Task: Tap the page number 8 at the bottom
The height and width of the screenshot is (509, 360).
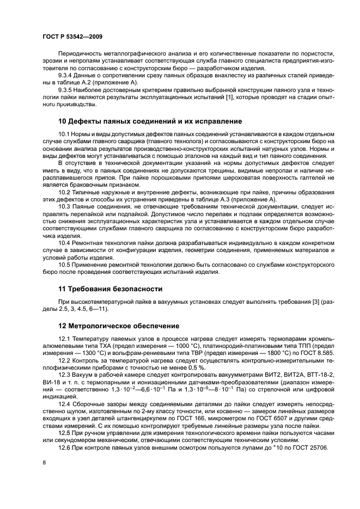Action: pos(44,462)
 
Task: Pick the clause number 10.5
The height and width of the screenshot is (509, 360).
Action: pos(65,265)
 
